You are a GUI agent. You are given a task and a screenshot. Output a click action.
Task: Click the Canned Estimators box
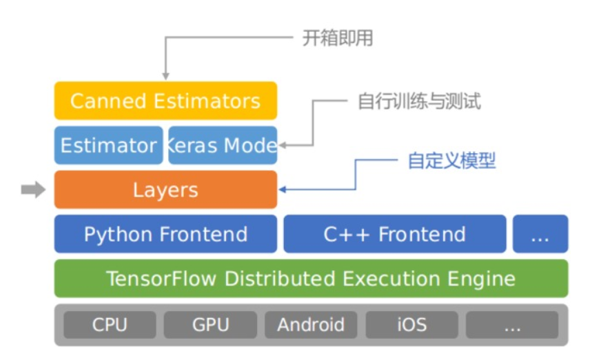click(165, 101)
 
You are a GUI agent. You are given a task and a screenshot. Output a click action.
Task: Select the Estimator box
click(108, 145)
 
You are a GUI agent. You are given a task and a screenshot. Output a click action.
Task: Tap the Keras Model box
click(223, 145)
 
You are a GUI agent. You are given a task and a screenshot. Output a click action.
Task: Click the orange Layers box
click(165, 190)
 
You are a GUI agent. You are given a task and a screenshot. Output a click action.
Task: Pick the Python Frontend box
click(165, 234)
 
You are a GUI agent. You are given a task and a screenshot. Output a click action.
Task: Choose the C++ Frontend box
click(394, 234)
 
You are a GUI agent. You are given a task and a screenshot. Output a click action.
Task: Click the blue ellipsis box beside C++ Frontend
click(540, 234)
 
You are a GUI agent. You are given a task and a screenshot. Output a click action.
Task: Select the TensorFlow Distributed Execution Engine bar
click(311, 278)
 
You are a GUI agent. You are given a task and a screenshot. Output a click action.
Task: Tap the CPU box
click(110, 324)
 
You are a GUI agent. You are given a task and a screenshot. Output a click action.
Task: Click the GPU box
click(210, 324)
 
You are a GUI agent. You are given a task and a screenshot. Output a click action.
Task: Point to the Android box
click(310, 324)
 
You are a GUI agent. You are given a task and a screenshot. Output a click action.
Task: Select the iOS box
click(411, 324)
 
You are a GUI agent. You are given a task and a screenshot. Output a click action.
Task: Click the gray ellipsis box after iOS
click(511, 324)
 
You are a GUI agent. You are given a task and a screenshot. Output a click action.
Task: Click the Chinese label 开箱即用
click(338, 39)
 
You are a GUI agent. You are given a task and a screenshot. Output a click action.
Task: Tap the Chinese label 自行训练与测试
click(419, 102)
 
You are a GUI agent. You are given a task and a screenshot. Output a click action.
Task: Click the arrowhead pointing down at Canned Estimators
click(165, 74)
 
